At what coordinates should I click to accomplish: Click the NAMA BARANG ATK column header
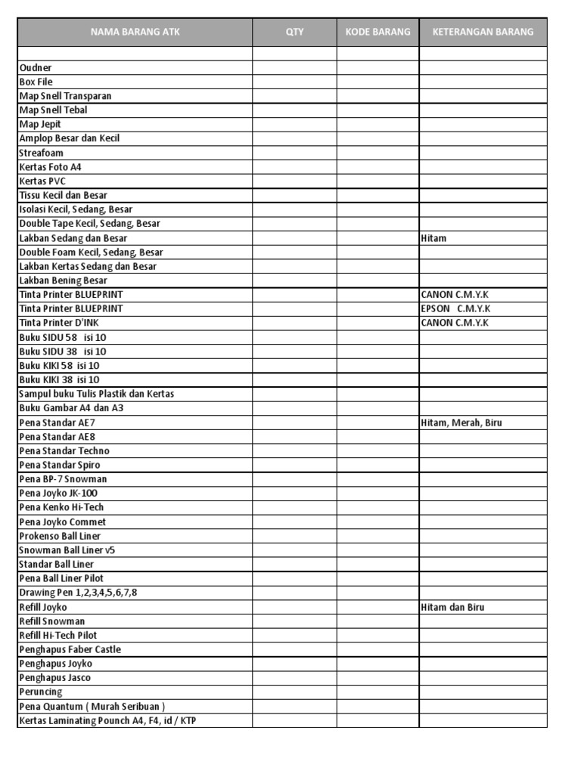(135, 32)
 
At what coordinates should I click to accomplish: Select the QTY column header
(294, 32)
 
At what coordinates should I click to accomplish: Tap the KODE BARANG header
(377, 32)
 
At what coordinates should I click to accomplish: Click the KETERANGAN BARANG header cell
(483, 32)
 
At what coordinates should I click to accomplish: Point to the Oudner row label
(36, 68)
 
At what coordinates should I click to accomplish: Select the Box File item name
(36, 82)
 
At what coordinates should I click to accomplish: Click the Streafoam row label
(42, 153)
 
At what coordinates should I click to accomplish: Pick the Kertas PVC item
(42, 181)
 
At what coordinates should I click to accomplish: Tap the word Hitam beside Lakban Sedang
(433, 238)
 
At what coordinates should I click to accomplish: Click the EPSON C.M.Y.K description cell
(456, 309)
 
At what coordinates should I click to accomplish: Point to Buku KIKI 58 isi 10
(59, 366)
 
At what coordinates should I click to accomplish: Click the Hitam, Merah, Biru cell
(461, 423)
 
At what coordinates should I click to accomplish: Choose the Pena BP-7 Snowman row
(63, 479)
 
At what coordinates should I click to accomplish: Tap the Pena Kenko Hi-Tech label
(61, 507)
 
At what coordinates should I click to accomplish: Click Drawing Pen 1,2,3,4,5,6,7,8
(79, 593)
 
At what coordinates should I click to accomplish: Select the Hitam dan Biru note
(453, 607)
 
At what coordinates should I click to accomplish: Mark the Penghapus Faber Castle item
(70, 649)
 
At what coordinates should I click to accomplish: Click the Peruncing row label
(41, 692)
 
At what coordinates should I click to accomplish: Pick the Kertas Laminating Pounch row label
(107, 720)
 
